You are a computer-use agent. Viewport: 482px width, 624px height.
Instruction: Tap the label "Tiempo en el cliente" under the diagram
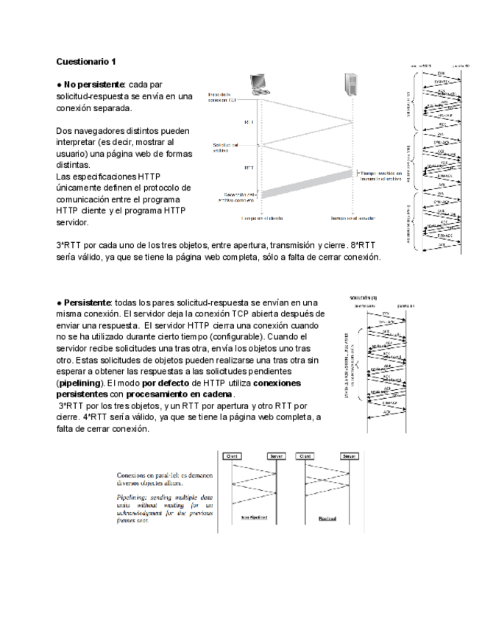(x=261, y=219)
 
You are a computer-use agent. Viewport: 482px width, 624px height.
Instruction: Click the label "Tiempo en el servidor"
(x=352, y=219)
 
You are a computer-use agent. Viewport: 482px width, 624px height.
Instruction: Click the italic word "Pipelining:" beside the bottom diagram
(x=132, y=497)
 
